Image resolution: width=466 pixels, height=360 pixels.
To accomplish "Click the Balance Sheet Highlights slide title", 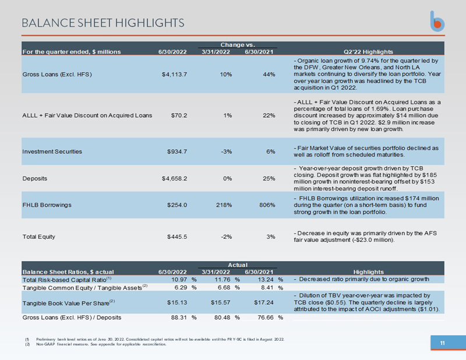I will point(103,23).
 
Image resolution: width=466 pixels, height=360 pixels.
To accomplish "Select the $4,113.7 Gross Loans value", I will point(174,74).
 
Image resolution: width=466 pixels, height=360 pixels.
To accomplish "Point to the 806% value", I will point(266,205).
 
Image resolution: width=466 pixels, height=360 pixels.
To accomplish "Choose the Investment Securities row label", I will point(52,151).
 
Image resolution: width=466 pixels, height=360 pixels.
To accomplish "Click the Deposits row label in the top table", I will point(35,178).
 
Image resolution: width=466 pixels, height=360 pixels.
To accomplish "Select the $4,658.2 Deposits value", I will point(174,178).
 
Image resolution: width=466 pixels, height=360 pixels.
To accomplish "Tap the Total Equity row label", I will point(40,237).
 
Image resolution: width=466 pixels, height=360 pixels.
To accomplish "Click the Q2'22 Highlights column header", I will point(369,52).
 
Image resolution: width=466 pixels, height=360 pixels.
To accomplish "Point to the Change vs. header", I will point(237,44).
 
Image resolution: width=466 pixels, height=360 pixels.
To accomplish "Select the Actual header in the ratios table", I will point(237,264).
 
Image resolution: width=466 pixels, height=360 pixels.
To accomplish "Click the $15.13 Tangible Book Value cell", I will point(176,302).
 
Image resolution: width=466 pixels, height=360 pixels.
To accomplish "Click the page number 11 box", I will point(442,343).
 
